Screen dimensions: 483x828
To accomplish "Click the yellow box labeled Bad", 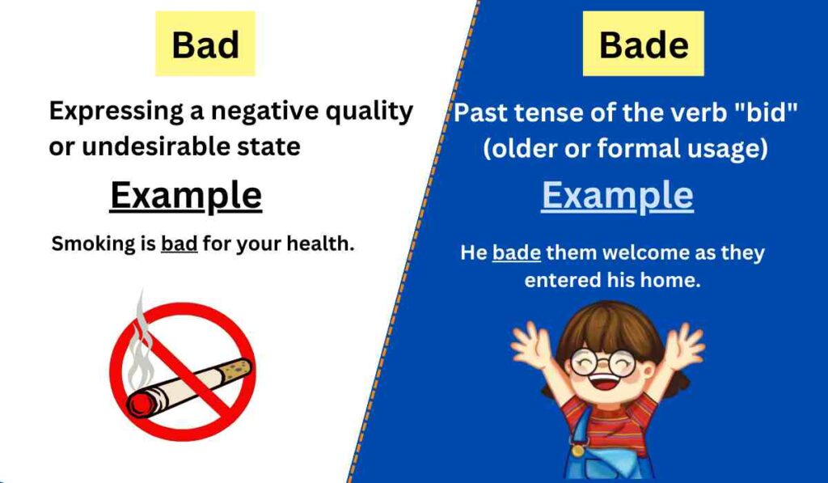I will click(x=205, y=44).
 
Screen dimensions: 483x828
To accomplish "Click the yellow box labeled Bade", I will click(x=643, y=44).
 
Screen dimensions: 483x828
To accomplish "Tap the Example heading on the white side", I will click(x=185, y=196).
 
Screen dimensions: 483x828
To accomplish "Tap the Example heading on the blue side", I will click(x=617, y=196).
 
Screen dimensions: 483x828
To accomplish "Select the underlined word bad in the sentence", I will click(x=180, y=244).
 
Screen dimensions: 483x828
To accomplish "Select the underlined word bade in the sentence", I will click(x=516, y=252).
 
